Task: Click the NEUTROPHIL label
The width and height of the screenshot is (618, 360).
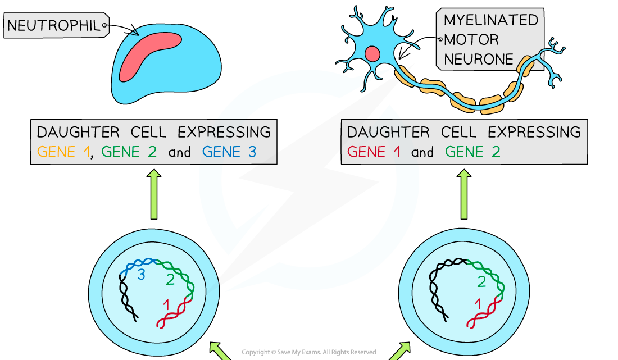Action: [x=54, y=25]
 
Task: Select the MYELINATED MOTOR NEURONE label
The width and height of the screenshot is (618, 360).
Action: [x=490, y=40]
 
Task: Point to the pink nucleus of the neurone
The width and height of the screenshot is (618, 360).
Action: [x=372, y=54]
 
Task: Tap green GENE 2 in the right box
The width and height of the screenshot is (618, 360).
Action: [x=472, y=152]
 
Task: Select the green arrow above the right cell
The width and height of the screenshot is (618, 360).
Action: [x=464, y=194]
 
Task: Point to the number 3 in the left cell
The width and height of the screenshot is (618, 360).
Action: [x=142, y=274]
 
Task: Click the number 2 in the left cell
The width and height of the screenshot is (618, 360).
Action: [x=170, y=279]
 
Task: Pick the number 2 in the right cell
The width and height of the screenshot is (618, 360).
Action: [x=481, y=281]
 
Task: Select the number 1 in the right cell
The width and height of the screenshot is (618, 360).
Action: [x=478, y=305]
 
